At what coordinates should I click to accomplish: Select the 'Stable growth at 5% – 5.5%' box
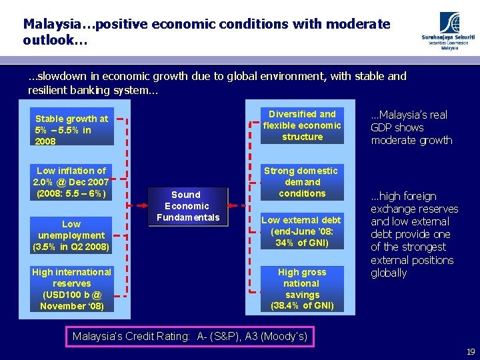click(x=71, y=130)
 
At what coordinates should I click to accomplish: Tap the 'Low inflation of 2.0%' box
click(x=71, y=182)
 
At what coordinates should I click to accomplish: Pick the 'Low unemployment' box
click(x=71, y=235)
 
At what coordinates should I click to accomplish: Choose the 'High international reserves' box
click(x=71, y=289)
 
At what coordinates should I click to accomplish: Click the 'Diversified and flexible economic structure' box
click(x=302, y=125)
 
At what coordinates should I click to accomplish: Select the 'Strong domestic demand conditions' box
click(x=302, y=182)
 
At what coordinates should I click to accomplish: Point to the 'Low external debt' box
click(x=302, y=231)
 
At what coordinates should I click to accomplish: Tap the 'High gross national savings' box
click(x=302, y=289)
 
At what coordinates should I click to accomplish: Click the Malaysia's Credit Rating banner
click(x=190, y=336)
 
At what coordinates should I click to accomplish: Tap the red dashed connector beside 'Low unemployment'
click(x=120, y=235)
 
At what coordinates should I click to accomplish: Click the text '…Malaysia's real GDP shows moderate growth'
click(x=411, y=127)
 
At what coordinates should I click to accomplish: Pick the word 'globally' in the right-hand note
click(x=389, y=273)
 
